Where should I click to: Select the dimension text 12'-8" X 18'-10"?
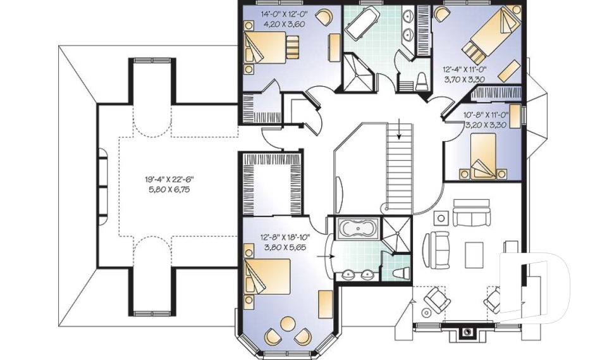[285, 237]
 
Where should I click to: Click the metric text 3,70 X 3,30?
[463, 80]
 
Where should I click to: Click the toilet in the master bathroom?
[401, 273]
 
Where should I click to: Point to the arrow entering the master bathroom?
[326, 256]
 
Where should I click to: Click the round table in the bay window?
[288, 324]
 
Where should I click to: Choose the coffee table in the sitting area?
[474, 255]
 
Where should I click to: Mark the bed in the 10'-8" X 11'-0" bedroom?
[483, 156]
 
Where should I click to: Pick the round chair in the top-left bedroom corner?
[324, 17]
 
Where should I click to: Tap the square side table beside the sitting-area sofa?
[441, 218]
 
